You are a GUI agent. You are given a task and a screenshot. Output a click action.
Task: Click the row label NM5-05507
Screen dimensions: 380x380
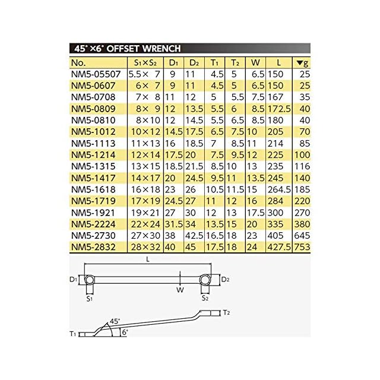(x=96, y=74)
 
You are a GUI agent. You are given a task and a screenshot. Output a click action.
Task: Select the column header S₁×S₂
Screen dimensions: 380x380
(x=145, y=63)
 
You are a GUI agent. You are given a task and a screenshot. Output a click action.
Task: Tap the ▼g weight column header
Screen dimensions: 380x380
(x=302, y=63)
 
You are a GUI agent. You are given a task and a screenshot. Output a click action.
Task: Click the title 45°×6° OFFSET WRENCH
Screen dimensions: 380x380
(x=128, y=49)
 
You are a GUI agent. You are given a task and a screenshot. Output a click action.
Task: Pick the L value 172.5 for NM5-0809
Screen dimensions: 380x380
(x=279, y=109)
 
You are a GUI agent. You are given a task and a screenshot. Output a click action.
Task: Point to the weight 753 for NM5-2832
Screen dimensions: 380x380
(x=302, y=247)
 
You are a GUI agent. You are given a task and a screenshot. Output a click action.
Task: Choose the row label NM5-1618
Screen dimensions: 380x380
(x=93, y=189)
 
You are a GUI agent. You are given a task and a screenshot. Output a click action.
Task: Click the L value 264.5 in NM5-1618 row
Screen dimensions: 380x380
(x=279, y=189)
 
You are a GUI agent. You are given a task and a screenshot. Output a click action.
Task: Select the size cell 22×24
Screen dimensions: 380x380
(x=145, y=224)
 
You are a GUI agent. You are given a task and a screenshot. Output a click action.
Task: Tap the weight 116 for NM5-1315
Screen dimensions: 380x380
(x=302, y=166)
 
